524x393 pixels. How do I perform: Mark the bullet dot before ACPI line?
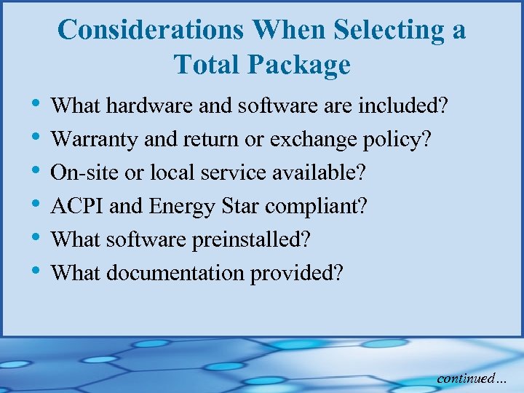(x=37, y=206)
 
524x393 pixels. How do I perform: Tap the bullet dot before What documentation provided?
(x=37, y=272)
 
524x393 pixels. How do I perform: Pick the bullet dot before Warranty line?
(x=37, y=139)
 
